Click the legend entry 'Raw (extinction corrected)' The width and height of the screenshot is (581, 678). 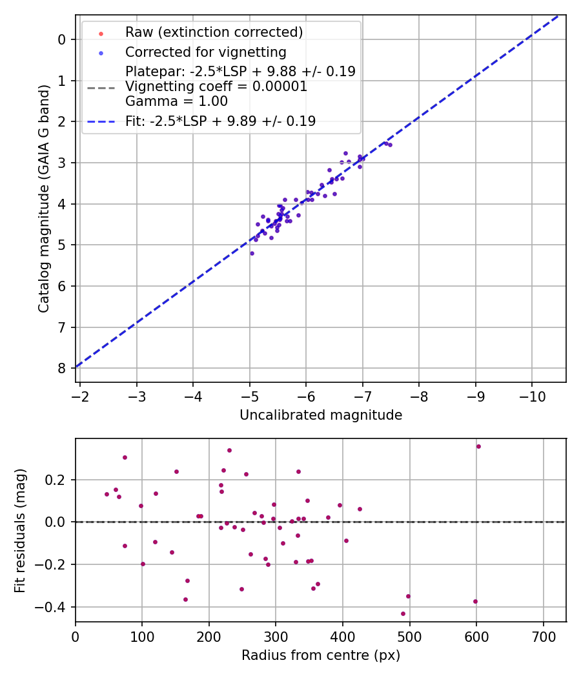[x=214, y=32]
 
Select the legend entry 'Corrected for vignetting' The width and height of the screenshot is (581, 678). [x=206, y=52]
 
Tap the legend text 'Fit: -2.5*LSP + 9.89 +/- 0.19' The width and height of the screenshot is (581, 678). [x=220, y=121]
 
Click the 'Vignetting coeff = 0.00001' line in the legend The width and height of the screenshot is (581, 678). [x=216, y=87]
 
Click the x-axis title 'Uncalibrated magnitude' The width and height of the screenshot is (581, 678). [x=321, y=415]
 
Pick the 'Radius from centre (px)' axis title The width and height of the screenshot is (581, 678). [x=321, y=655]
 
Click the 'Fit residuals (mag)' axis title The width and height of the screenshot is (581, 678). [x=21, y=530]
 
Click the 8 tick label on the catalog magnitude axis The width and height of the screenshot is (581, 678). [x=62, y=368]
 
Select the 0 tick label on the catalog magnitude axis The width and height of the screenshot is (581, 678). [x=62, y=39]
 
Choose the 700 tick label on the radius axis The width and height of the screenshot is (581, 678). [x=543, y=636]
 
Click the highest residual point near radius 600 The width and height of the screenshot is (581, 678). [x=478, y=446]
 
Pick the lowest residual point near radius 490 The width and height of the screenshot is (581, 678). [x=403, y=613]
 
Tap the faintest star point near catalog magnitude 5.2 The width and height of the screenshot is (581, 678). [x=252, y=253]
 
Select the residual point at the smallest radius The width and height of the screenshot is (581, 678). [x=107, y=494]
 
